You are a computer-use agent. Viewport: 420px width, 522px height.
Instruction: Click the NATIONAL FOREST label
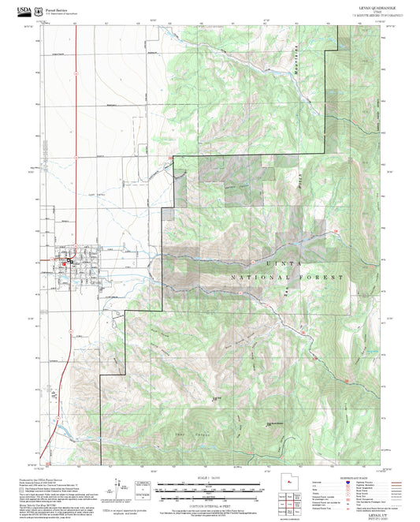288,279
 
